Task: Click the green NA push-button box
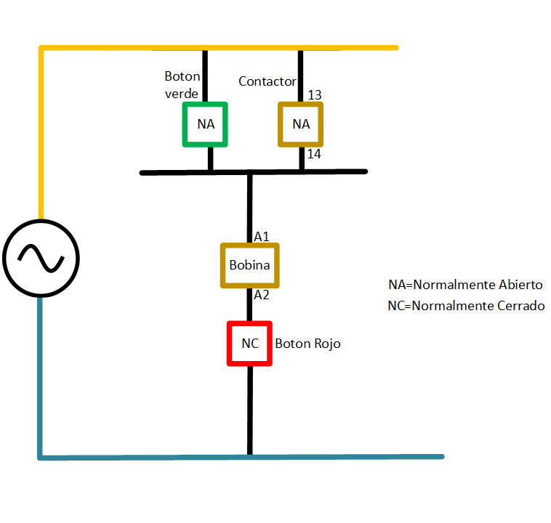(205, 124)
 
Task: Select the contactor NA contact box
(301, 124)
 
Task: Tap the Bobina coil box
(249, 265)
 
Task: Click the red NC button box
(249, 343)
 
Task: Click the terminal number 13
(315, 95)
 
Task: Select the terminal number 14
(314, 154)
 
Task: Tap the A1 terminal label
(262, 237)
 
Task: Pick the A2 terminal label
(262, 295)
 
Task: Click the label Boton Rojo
(307, 344)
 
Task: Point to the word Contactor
(268, 81)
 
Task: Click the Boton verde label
(182, 84)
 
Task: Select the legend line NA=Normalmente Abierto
(465, 284)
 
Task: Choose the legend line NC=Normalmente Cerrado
(466, 306)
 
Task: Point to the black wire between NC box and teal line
(249, 410)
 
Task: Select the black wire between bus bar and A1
(249, 207)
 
